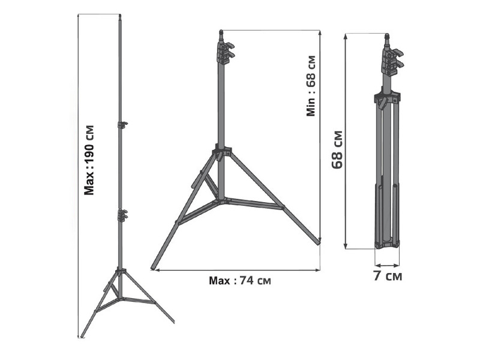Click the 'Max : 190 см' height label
(x=89, y=160)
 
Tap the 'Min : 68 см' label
(x=311, y=86)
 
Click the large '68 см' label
(x=337, y=149)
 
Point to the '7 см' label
(x=387, y=277)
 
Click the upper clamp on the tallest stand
(x=122, y=125)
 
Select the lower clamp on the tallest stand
(x=124, y=214)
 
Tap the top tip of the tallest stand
(x=120, y=16)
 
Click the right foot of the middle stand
(x=317, y=242)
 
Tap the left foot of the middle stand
(x=154, y=266)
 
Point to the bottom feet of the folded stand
(x=387, y=243)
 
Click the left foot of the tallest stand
(x=82, y=334)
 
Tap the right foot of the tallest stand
(x=172, y=321)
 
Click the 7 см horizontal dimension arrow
(x=387, y=263)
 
